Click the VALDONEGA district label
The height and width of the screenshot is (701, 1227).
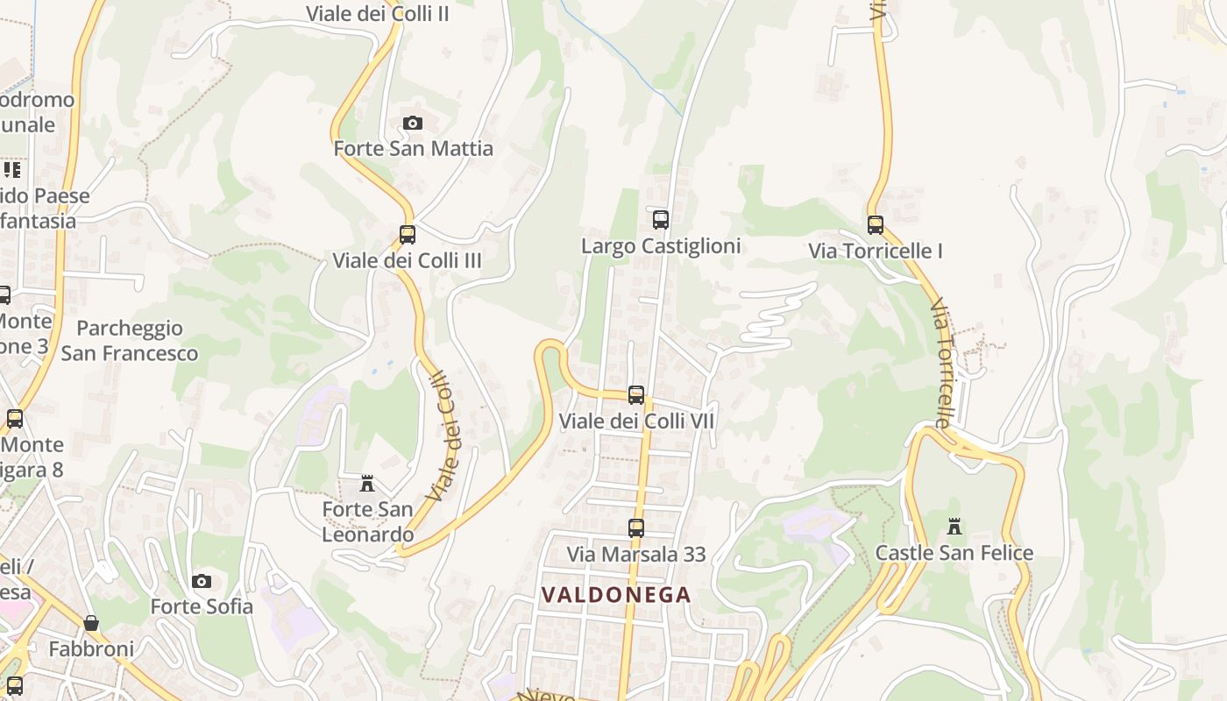coord(616,595)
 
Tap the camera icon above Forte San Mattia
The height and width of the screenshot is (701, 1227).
coord(413,124)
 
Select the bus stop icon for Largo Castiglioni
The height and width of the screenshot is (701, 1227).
coord(661,220)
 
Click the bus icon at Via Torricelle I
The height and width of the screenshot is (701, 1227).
coord(876,225)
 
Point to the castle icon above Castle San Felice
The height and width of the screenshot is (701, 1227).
coord(954,527)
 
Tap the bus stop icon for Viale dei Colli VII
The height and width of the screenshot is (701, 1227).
coord(636,395)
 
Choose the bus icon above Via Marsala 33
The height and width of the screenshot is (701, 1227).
coord(636,528)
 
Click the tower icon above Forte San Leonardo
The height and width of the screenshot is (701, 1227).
coord(367,484)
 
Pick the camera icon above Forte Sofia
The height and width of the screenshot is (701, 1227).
coord(202,581)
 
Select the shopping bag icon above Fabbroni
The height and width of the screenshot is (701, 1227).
coord(91,623)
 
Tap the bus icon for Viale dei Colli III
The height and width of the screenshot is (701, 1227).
coord(408,235)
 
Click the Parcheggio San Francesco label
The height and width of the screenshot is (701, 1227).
coord(130,341)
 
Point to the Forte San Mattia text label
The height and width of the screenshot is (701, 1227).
coord(414,149)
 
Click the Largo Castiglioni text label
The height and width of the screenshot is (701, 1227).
coord(661,246)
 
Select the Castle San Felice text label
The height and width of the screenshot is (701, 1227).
coord(954,553)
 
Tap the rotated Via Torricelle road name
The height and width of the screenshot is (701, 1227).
coord(941,363)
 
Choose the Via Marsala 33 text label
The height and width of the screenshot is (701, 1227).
coord(636,555)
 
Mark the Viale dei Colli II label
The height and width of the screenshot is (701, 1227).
coord(378,13)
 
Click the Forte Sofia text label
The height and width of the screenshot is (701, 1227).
coord(202,606)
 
